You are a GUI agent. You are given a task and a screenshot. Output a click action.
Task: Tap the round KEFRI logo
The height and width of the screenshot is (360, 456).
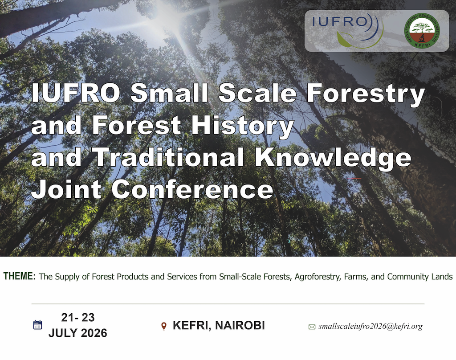[x=422, y=31]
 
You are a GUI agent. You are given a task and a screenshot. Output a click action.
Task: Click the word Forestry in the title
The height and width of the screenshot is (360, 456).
[x=366, y=93]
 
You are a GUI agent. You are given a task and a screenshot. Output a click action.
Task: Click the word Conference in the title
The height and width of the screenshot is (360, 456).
[x=192, y=189]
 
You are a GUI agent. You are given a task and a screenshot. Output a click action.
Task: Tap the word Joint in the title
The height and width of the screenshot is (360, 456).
[x=66, y=189]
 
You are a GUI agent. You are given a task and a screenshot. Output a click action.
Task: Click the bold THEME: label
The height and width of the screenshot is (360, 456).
[x=20, y=276]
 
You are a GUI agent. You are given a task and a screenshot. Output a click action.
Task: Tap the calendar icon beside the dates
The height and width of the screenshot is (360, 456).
[x=38, y=324]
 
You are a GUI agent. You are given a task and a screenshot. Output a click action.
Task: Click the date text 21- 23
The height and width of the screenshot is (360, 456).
[x=78, y=318]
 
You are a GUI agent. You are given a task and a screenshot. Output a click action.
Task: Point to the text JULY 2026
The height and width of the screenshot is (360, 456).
[x=77, y=333]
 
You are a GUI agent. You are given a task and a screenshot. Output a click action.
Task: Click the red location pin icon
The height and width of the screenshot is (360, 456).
[x=164, y=326]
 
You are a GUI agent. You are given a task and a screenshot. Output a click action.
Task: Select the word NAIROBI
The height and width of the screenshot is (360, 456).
[x=240, y=325]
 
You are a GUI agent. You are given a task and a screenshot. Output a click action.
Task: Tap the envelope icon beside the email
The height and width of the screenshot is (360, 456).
[x=312, y=327]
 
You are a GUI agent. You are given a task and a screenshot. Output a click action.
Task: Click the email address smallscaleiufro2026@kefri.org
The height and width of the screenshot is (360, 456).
[x=370, y=326]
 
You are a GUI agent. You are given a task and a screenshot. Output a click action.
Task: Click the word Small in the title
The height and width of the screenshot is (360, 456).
[x=169, y=93]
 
